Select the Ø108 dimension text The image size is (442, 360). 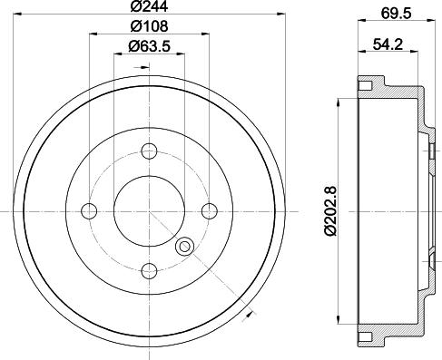click(x=149, y=27)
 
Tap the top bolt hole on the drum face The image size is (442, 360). click(x=150, y=151)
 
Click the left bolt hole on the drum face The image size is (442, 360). click(x=90, y=210)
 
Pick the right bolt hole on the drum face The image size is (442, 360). click(x=210, y=210)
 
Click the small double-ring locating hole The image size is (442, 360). click(x=186, y=245)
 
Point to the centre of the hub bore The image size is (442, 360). click(x=150, y=210)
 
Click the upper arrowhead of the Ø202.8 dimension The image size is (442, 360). click(x=339, y=101)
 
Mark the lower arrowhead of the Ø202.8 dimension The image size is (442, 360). click(x=339, y=319)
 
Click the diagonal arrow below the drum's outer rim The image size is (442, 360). click(x=248, y=314)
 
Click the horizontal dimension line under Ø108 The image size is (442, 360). click(x=149, y=35)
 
